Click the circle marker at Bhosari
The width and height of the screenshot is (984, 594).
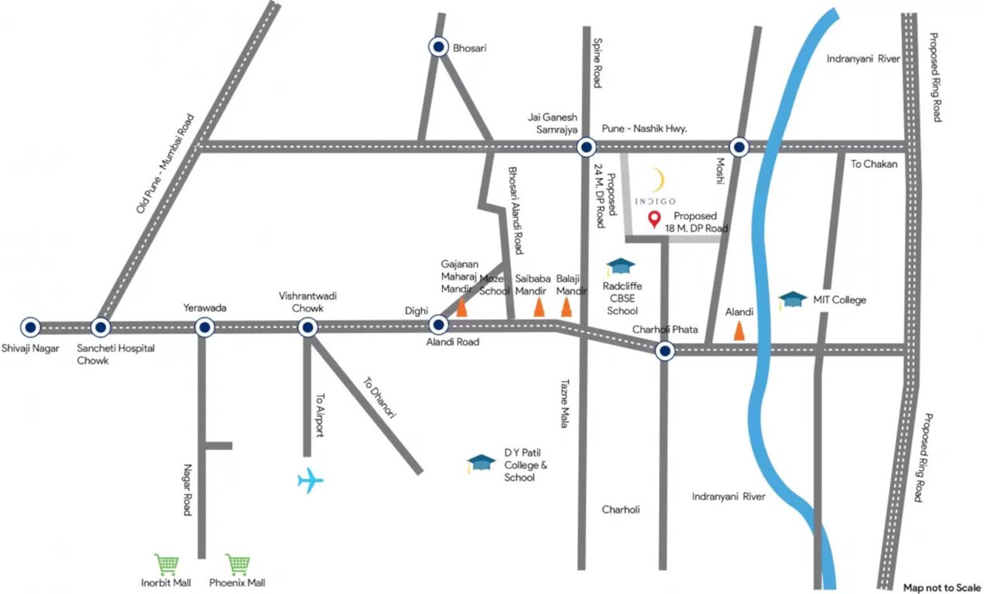tap(439, 47)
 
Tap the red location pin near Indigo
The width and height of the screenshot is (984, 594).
tap(655, 220)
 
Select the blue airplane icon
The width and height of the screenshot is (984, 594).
tap(310, 480)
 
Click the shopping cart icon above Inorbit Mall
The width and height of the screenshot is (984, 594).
tap(165, 564)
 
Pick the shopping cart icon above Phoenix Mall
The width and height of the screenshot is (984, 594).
tap(237, 564)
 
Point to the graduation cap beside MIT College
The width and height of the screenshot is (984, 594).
tap(792, 299)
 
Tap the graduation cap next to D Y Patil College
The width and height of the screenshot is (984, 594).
tap(481, 463)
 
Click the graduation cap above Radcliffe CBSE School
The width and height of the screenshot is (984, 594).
tap(620, 267)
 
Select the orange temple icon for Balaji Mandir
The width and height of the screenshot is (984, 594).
tap(567, 308)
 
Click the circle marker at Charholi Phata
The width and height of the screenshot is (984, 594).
tap(664, 352)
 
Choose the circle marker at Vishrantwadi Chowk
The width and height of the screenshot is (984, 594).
tap(308, 328)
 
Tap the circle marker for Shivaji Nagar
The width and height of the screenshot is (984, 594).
tap(30, 327)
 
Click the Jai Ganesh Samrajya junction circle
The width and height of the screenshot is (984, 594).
tap(586, 147)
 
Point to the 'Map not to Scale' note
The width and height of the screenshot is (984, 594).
tap(939, 587)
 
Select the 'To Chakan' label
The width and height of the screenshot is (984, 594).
tap(874, 164)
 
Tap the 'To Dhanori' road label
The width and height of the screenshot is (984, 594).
tap(379, 398)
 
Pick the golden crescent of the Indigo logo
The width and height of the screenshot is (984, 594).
tap(658, 181)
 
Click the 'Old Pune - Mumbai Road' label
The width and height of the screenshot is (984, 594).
tap(165, 164)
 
